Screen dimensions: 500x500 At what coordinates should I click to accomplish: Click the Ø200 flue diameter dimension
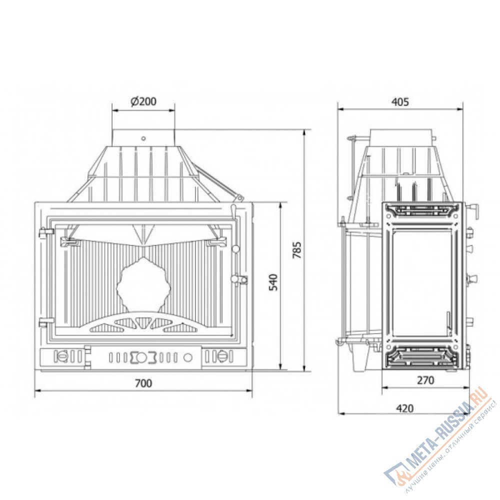point(143,101)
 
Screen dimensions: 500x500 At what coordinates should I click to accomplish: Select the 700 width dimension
point(143,383)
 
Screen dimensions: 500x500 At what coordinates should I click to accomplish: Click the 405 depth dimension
point(400,102)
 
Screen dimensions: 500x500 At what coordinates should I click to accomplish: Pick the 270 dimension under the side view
point(425,380)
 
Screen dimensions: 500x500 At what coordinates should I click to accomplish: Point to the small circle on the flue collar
point(143,138)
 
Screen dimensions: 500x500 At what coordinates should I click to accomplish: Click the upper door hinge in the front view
point(46,232)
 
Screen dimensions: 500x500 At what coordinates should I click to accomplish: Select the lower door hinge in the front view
point(46,322)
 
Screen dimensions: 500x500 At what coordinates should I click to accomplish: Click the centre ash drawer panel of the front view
point(145,357)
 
